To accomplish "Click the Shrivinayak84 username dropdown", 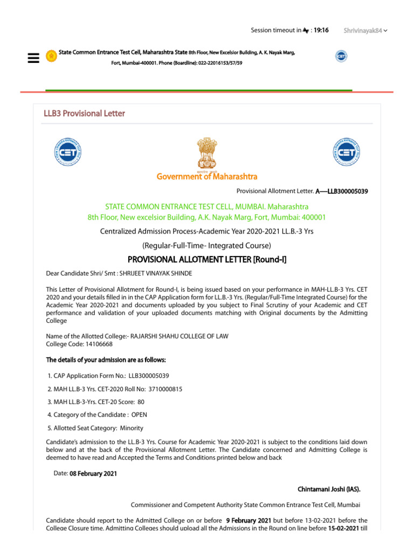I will coord(365,31).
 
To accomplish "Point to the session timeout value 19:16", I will coord(321,30).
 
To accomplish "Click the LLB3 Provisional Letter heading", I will coord(84,114).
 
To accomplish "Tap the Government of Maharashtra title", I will coord(207,176).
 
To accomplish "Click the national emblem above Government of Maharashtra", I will coord(207,152).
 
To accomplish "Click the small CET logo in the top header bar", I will coord(341,56).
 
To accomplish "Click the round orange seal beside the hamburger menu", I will coord(51,55).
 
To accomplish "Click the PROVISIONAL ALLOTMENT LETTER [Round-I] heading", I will coord(207,260).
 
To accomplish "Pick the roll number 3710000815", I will coord(161,388).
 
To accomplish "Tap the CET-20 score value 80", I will coord(141,402).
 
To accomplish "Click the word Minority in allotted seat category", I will coord(132,428).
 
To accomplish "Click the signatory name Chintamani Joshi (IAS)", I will coord(329,490).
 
